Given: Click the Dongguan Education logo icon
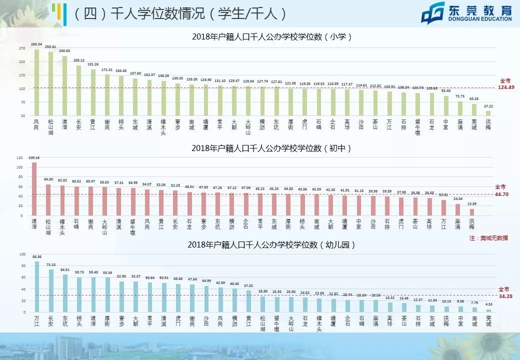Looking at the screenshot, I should [433, 13].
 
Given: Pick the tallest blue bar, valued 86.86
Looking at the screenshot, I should [36, 286].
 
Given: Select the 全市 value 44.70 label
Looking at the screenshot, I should [503, 194].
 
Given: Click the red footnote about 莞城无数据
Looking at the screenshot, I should [488, 238].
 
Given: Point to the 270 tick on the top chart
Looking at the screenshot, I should [22, 48].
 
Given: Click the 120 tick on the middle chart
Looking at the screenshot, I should [19, 157].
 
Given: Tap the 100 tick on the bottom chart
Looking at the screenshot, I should [22, 254].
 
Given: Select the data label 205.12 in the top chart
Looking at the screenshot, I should [78, 60].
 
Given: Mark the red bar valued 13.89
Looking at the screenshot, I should [471, 212].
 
